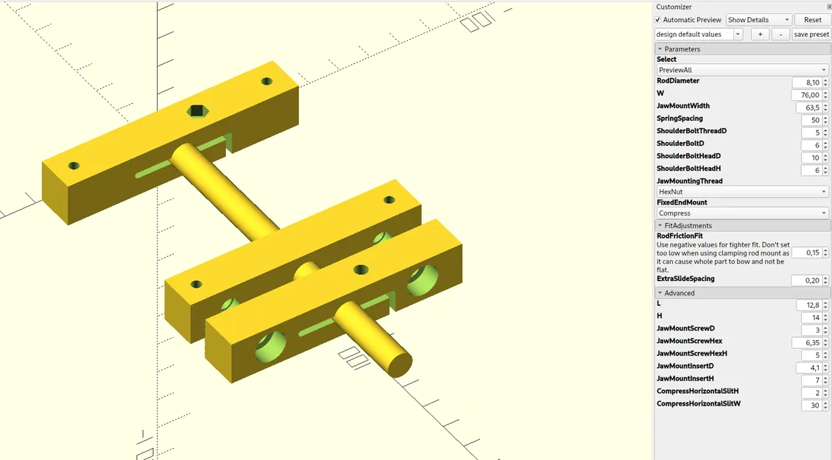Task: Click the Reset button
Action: [813, 20]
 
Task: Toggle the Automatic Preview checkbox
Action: [658, 20]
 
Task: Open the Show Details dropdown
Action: [759, 20]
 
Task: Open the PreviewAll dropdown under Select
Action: [742, 70]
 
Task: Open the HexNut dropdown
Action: [742, 191]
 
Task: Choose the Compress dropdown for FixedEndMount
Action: [742, 213]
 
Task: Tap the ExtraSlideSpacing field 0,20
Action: [805, 280]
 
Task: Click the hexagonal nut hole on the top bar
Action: [197, 110]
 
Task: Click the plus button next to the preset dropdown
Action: [761, 35]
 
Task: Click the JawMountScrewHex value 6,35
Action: [805, 343]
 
